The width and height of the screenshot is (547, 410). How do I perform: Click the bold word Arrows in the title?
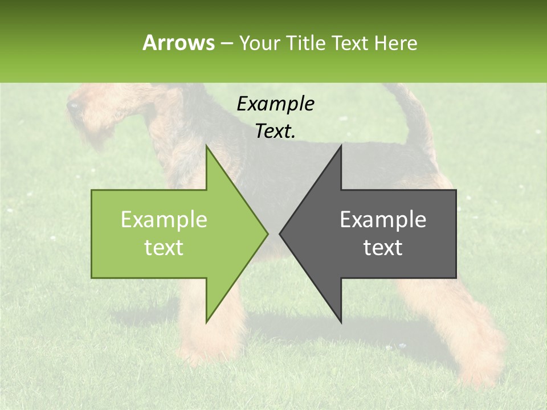tap(178, 43)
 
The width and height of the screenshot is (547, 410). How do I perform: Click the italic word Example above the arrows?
tap(275, 104)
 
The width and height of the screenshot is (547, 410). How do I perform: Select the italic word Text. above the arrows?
tap(275, 132)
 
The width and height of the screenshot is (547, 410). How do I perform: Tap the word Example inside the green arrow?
tap(164, 220)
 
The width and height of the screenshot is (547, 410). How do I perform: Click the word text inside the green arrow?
tap(164, 248)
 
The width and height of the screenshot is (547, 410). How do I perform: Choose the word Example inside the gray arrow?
tap(383, 220)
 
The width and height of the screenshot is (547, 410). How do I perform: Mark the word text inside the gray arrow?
tap(383, 248)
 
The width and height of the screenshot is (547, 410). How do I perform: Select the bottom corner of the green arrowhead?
tap(207, 322)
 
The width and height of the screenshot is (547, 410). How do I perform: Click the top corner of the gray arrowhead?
tap(341, 146)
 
